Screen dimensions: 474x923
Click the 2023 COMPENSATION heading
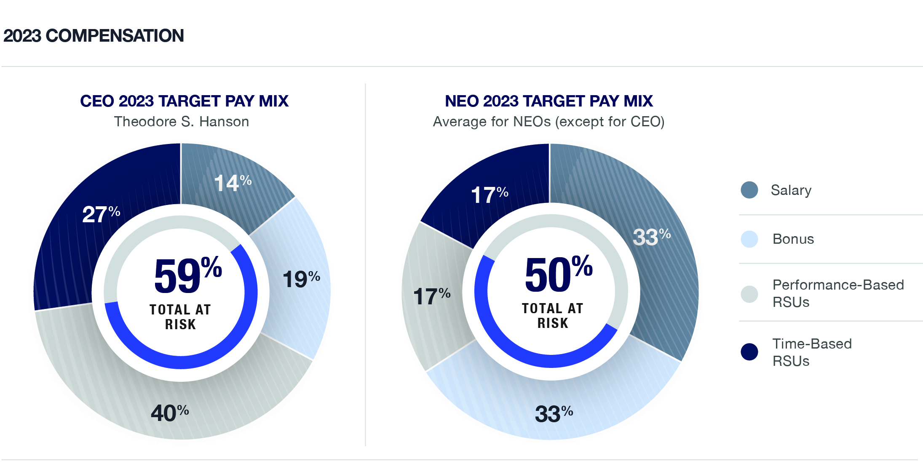pyautogui.click(x=94, y=36)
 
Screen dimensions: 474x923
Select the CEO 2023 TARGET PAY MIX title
pyautogui.click(x=184, y=101)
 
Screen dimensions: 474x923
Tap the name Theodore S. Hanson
pyautogui.click(x=182, y=122)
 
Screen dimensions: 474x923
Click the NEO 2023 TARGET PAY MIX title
pyautogui.click(x=548, y=101)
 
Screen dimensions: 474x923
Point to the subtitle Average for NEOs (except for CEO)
pyautogui.click(x=548, y=122)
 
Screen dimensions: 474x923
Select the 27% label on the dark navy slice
pyautogui.click(x=101, y=214)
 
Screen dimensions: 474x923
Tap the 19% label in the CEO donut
pyautogui.click(x=301, y=279)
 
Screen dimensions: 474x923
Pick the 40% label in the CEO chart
pyautogui.click(x=169, y=413)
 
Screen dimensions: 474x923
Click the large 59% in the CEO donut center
pyautogui.click(x=187, y=276)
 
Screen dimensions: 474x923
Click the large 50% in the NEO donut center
pyautogui.click(x=558, y=274)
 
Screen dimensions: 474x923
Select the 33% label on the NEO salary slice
pyautogui.click(x=651, y=237)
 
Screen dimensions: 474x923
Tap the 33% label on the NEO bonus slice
pyautogui.click(x=554, y=413)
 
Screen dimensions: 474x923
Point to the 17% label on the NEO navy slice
pyautogui.click(x=489, y=195)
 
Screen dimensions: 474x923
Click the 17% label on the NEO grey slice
pyautogui.click(x=431, y=296)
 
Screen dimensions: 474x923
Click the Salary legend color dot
pyautogui.click(x=749, y=190)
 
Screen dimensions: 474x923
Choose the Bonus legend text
pyautogui.click(x=793, y=239)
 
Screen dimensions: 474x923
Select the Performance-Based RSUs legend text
pyautogui.click(x=837, y=293)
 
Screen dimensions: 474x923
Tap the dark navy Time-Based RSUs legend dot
pyautogui.click(x=749, y=352)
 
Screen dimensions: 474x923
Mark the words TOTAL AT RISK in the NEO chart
pyautogui.click(x=552, y=316)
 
